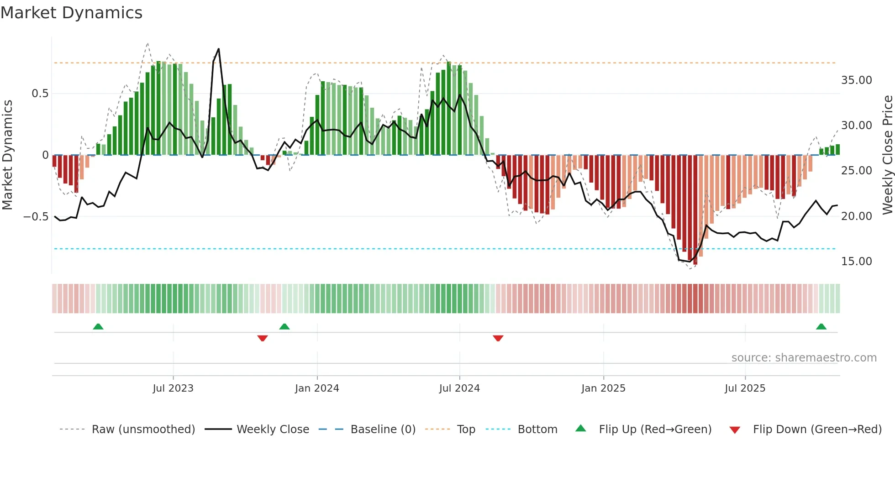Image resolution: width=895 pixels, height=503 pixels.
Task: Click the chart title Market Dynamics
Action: (x=71, y=13)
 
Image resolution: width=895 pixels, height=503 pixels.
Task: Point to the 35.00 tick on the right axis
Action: (x=856, y=80)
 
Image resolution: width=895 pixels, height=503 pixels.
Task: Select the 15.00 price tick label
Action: (x=856, y=262)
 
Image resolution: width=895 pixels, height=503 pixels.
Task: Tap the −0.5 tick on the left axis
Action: (x=36, y=216)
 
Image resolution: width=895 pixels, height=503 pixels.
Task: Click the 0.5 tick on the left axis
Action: (x=40, y=94)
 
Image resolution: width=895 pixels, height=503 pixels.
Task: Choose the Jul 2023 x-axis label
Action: (x=173, y=388)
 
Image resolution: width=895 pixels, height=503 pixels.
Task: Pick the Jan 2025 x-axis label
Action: (x=603, y=388)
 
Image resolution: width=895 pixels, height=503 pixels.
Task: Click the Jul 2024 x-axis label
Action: (x=459, y=388)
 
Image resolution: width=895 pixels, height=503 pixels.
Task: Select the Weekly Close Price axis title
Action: (x=887, y=155)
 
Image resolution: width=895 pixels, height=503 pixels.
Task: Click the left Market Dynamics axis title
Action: (x=7, y=155)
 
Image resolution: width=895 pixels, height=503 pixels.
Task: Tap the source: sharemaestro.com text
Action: (x=804, y=358)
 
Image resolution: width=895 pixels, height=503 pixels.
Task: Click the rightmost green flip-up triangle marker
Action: (x=821, y=326)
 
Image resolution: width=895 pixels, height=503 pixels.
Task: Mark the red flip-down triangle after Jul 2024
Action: (x=498, y=338)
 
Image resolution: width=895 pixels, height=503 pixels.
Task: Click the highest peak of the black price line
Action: (x=219, y=49)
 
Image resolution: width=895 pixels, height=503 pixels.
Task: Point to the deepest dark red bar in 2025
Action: (x=695, y=210)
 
